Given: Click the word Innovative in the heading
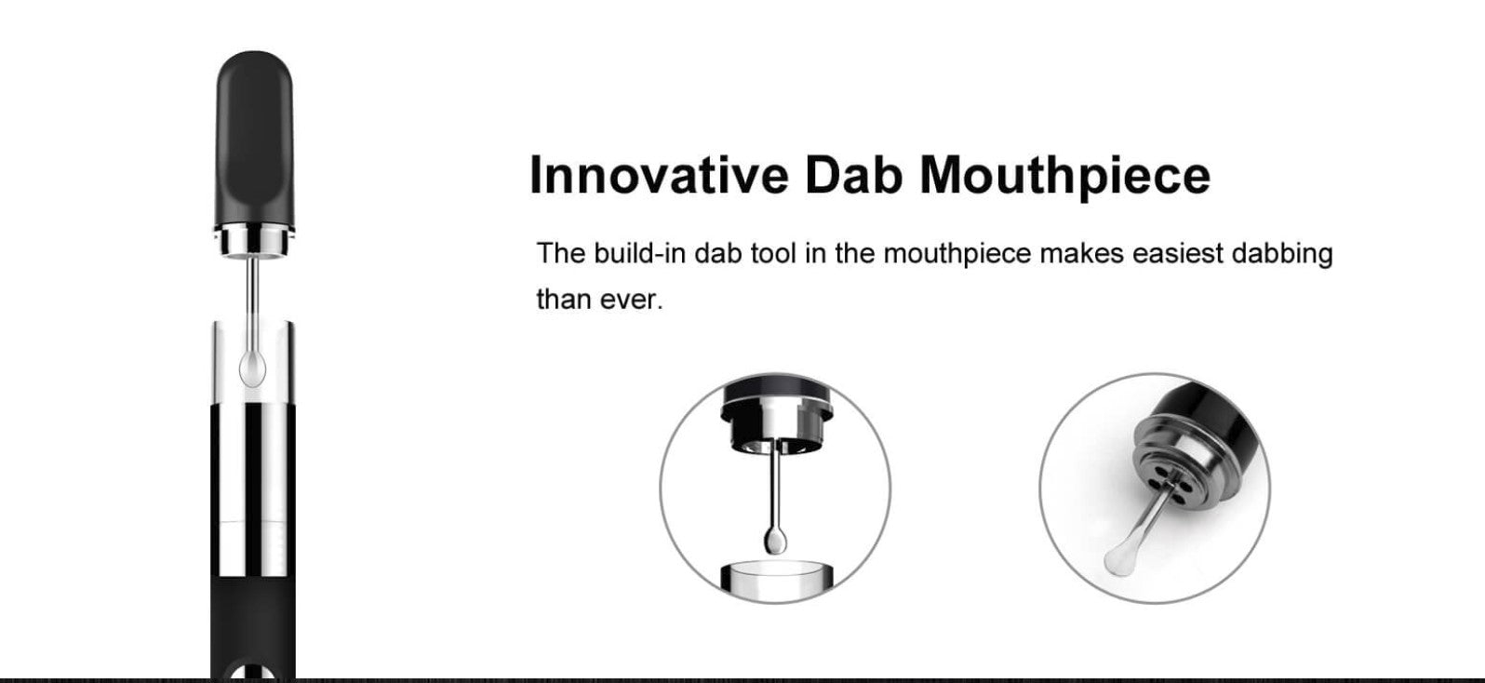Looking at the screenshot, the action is pyautogui.click(x=659, y=174).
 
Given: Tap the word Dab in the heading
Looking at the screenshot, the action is pyautogui.click(x=854, y=174).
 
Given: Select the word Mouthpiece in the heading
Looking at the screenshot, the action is pyautogui.click(x=1065, y=178).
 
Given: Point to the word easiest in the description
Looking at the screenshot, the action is pyautogui.click(x=1177, y=253).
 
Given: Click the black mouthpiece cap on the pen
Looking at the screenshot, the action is pyautogui.click(x=254, y=140).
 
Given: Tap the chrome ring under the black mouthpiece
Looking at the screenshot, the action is pyautogui.click(x=254, y=241).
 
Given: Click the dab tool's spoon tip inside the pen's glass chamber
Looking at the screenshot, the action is pyautogui.click(x=252, y=368).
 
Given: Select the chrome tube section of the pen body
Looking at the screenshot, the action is pyautogui.click(x=253, y=489).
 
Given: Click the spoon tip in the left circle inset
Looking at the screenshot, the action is pyautogui.click(x=775, y=540).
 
